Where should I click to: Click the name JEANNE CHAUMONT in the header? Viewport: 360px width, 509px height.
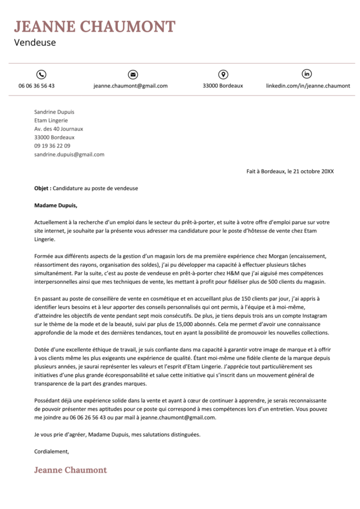[x=94, y=26]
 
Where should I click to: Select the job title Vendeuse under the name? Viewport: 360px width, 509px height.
[x=35, y=43]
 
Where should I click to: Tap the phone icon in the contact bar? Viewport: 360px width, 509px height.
[x=41, y=74]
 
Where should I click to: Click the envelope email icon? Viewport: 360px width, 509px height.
[x=132, y=74]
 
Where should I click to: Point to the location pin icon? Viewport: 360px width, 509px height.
[x=223, y=74]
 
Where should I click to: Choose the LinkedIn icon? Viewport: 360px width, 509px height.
[x=307, y=74]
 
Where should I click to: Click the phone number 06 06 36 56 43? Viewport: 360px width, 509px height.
[x=37, y=85]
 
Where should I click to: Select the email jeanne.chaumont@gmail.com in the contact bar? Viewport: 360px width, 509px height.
[x=130, y=85]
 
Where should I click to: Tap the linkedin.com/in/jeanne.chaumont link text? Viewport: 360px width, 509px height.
[x=308, y=85]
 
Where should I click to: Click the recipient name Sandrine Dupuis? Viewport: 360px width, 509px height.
[x=54, y=112]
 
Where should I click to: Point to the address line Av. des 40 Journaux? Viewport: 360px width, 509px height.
[x=55, y=129]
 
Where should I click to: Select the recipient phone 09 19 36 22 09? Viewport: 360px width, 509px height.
[x=52, y=146]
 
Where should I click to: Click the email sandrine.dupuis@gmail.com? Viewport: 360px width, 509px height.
[x=69, y=154]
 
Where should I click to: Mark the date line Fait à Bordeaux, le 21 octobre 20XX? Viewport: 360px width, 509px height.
[x=290, y=171]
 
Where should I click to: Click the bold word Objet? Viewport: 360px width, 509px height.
[x=42, y=188]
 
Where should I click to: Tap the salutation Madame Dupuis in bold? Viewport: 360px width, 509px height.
[x=56, y=205]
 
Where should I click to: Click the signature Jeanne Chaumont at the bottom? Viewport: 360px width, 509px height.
[x=70, y=470]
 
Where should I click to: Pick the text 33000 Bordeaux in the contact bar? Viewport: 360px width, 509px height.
[x=223, y=85]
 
